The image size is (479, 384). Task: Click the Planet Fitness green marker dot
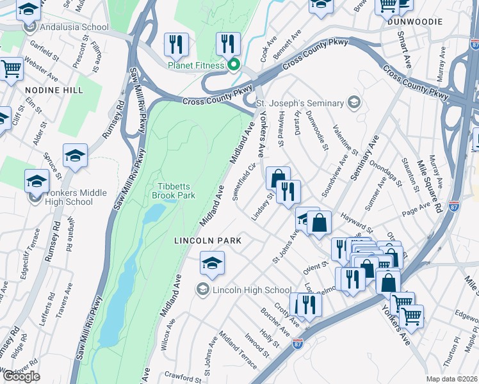[234, 65]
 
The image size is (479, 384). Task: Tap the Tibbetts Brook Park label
[171, 191]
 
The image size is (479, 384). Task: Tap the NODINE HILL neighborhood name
[54, 90]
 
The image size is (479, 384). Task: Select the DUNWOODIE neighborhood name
[414, 21]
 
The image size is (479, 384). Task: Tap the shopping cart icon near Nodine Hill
[11, 68]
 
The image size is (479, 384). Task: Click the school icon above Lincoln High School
[213, 262]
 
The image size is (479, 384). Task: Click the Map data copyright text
[451, 378]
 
